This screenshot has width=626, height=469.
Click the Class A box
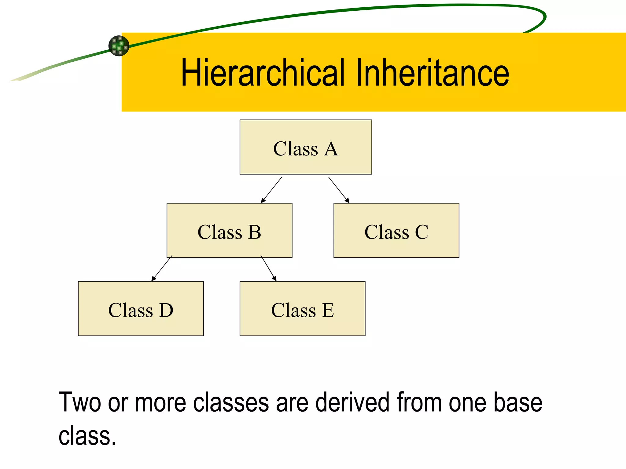[x=306, y=147]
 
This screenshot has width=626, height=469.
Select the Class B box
[x=229, y=231]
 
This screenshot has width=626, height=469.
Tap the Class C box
[x=396, y=231]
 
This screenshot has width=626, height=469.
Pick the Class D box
[x=141, y=309]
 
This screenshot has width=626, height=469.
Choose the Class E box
[x=302, y=309]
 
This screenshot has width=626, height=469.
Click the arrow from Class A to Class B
[x=271, y=190]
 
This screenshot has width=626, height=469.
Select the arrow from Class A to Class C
[x=339, y=190]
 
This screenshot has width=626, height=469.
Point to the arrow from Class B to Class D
[x=162, y=268]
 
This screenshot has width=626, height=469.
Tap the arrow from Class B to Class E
[x=268, y=268]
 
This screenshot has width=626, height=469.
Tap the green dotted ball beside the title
[x=119, y=46]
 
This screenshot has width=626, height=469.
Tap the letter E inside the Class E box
[x=327, y=310]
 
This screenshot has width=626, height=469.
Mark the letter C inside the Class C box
[x=422, y=232]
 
